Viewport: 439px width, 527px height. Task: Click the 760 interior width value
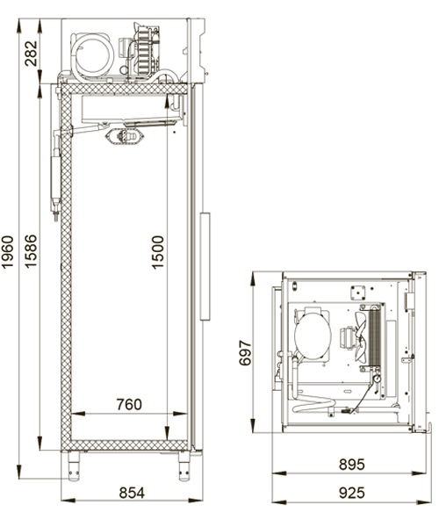(x=128, y=405)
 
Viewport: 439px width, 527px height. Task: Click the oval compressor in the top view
(x=312, y=336)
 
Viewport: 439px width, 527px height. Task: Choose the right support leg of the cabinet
(x=184, y=465)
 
